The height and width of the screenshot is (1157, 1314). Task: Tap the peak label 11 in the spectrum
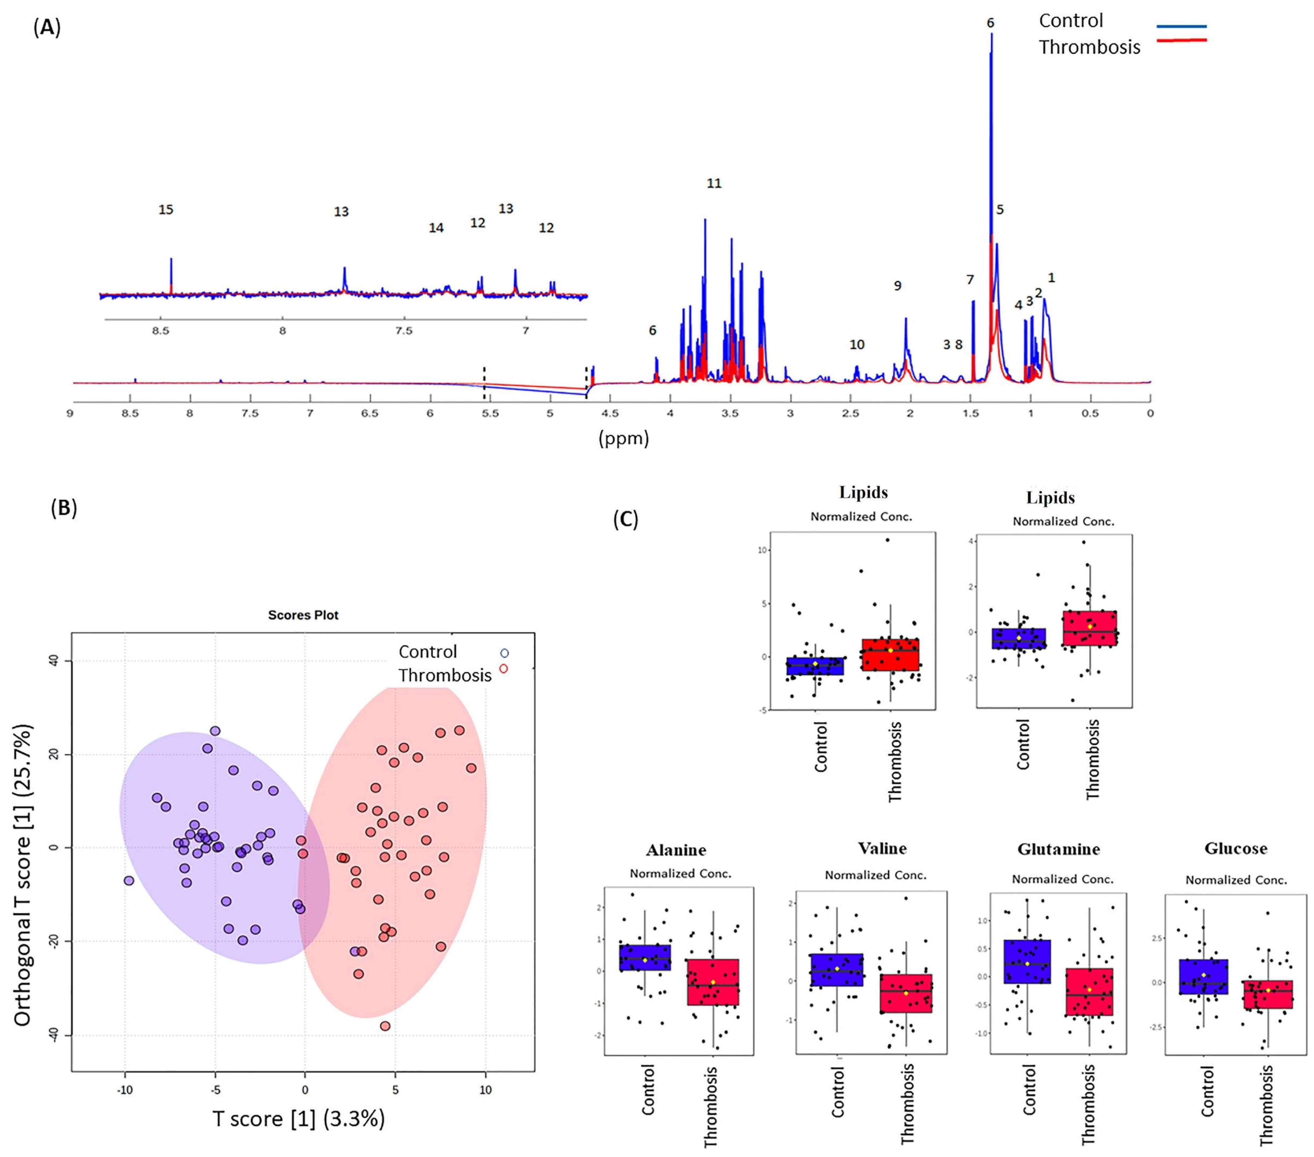click(x=714, y=184)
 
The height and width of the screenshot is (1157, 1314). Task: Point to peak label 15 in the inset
click(x=166, y=210)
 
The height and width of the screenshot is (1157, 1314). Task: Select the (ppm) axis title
click(x=623, y=439)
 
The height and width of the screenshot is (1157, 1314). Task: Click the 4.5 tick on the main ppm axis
click(x=610, y=413)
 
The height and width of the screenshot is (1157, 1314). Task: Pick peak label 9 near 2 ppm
click(x=898, y=286)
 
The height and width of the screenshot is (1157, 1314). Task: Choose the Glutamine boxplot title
click(x=1058, y=849)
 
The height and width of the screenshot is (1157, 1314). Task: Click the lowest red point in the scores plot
click(x=385, y=1026)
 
